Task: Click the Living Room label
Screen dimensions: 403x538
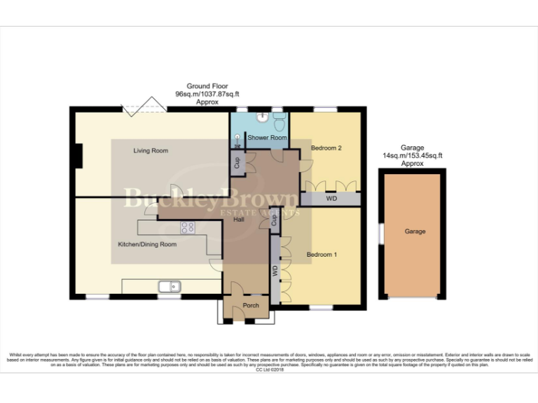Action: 151,150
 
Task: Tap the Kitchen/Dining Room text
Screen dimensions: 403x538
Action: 146,244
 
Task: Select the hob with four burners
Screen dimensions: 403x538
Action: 188,227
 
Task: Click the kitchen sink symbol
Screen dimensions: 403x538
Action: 170,285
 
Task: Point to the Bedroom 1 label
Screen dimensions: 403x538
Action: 322,255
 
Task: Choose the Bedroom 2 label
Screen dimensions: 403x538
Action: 326,148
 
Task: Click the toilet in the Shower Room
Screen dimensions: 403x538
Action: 279,122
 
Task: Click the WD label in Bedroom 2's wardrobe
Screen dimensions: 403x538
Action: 331,199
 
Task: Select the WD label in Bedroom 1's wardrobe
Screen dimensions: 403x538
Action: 275,269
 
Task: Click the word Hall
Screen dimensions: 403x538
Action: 239,220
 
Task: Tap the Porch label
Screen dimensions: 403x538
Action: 250,305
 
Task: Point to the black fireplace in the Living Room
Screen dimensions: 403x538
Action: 79,155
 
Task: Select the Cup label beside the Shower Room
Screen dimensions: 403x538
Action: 237,163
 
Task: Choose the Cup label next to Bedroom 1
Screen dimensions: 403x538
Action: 274,222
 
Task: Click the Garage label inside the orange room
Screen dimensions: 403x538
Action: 414,232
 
